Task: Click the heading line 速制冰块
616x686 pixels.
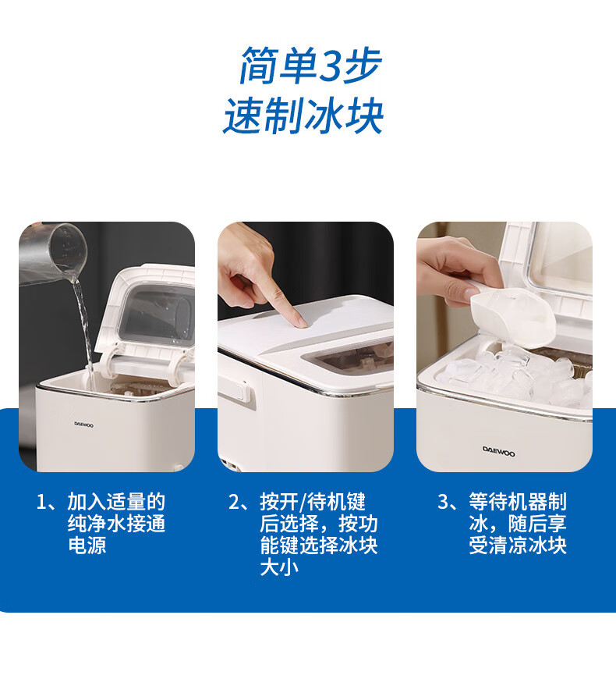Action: tap(303, 116)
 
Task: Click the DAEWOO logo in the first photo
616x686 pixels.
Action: tap(83, 425)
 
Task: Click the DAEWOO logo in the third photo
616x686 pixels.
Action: tap(499, 452)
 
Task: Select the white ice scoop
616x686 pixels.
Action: tap(512, 316)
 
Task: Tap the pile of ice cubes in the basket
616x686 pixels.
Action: tap(516, 376)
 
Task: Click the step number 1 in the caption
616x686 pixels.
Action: tap(41, 502)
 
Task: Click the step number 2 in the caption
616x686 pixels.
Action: tap(235, 502)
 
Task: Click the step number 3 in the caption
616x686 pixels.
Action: tap(444, 502)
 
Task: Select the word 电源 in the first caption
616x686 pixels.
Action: tap(87, 546)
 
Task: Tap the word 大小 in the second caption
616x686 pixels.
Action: tap(279, 567)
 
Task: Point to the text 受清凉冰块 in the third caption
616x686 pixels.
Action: tap(518, 546)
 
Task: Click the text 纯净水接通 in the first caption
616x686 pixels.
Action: tap(116, 524)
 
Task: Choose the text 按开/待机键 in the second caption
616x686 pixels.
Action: tap(313, 502)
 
